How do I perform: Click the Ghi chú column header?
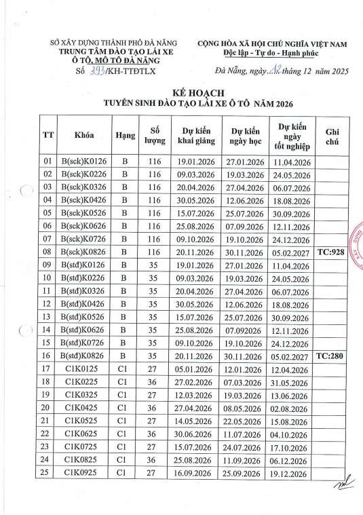[x=332, y=134]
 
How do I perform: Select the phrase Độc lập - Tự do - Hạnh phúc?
[x=271, y=53]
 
